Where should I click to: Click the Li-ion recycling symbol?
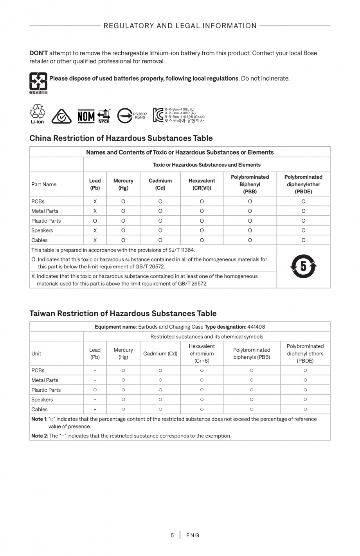[38, 114]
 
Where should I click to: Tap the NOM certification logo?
[86, 116]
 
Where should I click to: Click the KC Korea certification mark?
[158, 115]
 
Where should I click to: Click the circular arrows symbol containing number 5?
[303, 266]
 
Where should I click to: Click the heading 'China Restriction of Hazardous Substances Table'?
[121, 138]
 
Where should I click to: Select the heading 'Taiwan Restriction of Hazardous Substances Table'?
[123, 313]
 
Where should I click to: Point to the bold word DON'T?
[38, 53]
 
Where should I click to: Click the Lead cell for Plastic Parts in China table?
[95, 221]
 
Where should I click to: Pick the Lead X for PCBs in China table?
[95, 201]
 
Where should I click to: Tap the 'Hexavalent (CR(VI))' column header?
[202, 184]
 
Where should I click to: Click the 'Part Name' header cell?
[44, 184]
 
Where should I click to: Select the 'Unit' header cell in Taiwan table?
[36, 353]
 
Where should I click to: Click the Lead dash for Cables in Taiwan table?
[95, 409]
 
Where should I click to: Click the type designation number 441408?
[256, 327]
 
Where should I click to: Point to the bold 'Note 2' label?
[39, 435]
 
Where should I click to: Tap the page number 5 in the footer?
[172, 535]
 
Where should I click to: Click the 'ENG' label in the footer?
[193, 535]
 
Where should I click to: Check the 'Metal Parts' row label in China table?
[45, 211]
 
